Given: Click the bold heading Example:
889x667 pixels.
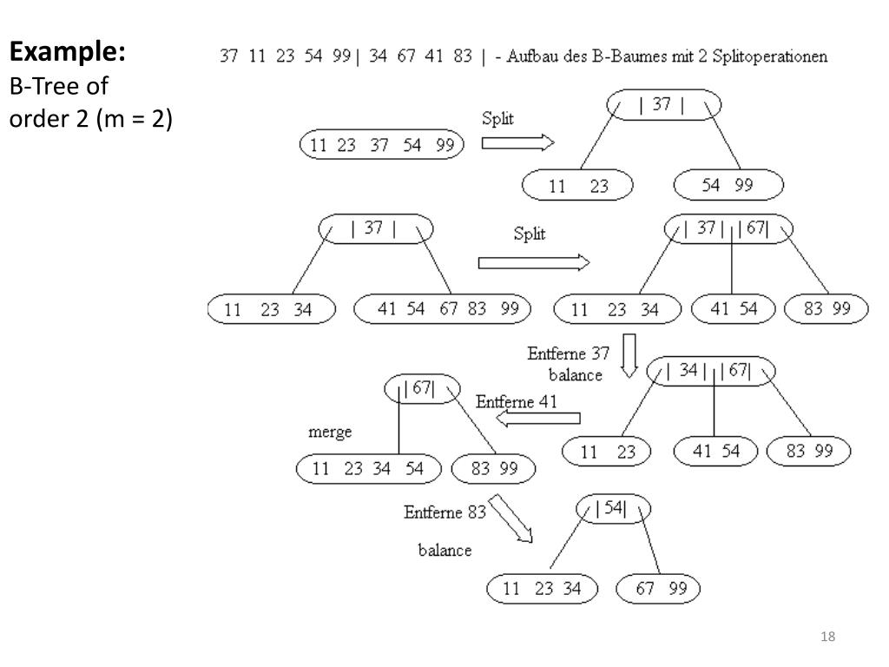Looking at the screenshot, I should tap(68, 52).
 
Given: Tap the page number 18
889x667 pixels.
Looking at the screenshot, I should tap(826, 638).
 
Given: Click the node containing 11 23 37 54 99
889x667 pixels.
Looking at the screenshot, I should tap(382, 145).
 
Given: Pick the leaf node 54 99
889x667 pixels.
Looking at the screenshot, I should tap(728, 185).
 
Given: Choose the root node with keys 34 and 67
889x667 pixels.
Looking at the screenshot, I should tap(711, 371).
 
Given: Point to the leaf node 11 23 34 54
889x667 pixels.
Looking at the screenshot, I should tap(368, 469).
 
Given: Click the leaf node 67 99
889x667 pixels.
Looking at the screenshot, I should tap(657, 589).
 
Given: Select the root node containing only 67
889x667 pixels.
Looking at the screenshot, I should tap(422, 389).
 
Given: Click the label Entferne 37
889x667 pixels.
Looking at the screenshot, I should tap(568, 354).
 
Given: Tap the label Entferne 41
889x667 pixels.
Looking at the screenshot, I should tap(516, 401).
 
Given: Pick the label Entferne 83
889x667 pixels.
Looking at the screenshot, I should tap(444, 512).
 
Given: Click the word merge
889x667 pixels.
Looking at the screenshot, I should tap(330, 433).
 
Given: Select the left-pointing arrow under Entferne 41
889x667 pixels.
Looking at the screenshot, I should tap(538, 419).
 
